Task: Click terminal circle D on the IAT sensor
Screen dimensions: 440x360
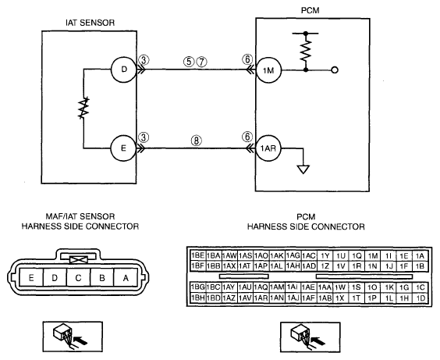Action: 124,70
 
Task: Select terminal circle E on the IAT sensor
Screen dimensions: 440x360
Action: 124,148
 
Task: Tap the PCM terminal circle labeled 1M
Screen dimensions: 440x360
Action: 268,70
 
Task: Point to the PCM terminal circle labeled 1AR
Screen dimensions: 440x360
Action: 268,148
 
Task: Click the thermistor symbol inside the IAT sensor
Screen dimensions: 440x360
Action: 83,108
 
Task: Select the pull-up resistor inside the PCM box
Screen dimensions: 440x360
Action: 306,51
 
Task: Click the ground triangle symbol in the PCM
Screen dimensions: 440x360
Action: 303,169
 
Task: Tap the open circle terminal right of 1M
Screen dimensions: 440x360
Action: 335,70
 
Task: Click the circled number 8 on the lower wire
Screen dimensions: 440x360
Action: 197,141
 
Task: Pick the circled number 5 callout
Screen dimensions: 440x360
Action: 189,62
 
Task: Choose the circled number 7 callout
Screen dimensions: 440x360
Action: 201,62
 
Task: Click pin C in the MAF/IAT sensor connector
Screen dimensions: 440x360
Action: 78,277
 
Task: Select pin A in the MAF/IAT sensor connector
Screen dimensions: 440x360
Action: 126,277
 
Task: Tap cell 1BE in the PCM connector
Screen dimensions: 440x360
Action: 198,255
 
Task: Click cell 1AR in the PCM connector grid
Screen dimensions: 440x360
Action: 261,298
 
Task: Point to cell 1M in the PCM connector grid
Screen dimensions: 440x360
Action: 373,255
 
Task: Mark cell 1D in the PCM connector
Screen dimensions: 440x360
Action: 420,298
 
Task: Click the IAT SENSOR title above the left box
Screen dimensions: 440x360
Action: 90,23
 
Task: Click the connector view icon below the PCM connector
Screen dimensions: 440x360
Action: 310,337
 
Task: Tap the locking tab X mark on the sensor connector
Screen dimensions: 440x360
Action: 79,260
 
